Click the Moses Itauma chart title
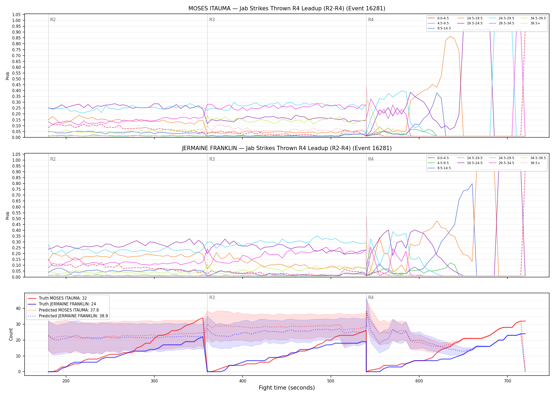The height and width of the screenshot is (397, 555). point(287,8)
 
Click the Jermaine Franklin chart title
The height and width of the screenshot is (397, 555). point(287,148)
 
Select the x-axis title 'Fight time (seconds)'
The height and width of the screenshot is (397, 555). point(287,388)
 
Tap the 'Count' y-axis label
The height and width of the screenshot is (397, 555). point(11,334)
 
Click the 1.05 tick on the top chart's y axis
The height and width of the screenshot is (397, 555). point(16,15)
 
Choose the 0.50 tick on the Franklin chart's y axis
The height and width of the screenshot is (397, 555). point(16,219)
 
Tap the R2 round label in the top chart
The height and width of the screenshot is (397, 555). point(53,20)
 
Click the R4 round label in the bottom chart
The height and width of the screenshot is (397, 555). point(371,297)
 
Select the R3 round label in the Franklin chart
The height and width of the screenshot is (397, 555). point(212,159)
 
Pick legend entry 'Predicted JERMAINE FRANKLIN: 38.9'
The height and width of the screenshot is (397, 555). point(68,316)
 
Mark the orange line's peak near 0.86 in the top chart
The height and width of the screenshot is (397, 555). point(450,37)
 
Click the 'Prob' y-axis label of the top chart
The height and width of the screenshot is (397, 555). point(8,76)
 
